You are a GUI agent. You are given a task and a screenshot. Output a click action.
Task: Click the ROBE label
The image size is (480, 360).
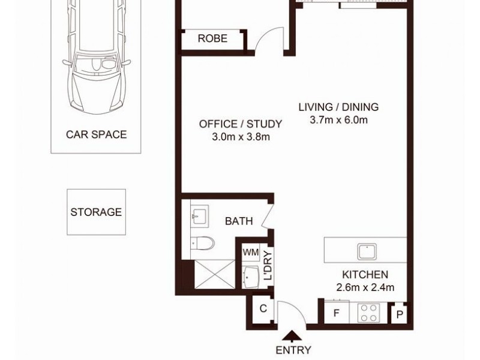click(x=212, y=39)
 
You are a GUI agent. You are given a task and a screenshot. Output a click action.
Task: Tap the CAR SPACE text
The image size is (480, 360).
click(x=96, y=134)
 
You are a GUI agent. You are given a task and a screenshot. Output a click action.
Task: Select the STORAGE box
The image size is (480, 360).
click(x=96, y=212)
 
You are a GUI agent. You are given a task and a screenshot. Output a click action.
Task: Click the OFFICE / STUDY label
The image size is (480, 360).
click(x=240, y=124)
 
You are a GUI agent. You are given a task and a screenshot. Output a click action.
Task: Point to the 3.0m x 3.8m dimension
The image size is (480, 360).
click(x=240, y=137)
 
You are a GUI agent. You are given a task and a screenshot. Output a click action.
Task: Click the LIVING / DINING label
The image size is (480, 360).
click(x=339, y=107)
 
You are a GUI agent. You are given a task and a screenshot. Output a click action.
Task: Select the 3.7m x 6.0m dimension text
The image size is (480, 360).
click(x=339, y=120)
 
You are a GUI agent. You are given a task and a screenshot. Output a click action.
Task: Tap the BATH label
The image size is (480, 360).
click(x=238, y=221)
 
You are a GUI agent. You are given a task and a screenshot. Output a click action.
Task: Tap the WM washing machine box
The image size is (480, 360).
click(x=251, y=253)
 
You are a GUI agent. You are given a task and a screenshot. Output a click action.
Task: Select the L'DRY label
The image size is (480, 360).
click(x=268, y=266)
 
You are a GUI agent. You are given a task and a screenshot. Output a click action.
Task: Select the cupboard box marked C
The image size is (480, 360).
click(x=263, y=310)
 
